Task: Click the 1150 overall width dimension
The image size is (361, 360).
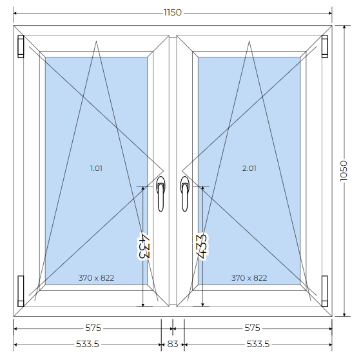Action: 173,12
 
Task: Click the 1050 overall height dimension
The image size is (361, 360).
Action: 344,171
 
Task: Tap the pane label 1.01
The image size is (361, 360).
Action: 96,168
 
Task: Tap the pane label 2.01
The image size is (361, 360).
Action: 249,168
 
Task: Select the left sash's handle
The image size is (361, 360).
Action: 161,194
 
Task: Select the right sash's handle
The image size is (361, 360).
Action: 184,194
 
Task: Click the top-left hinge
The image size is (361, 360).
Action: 21,46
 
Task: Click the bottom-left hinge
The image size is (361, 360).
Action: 21,291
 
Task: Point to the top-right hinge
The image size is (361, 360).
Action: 325,46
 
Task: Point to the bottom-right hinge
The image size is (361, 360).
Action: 325,291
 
